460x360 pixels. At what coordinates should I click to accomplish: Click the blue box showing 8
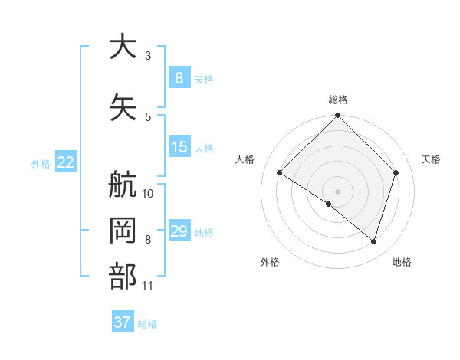pyautogui.click(x=179, y=77)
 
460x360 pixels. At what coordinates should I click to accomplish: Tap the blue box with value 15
pyautogui.click(x=179, y=147)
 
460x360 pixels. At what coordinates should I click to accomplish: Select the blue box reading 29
pyautogui.click(x=179, y=231)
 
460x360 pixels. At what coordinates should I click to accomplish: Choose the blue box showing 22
pyautogui.click(x=65, y=162)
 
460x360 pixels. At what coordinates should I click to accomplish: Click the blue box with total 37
pyautogui.click(x=122, y=322)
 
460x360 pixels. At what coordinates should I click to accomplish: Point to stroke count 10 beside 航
pyautogui.click(x=148, y=193)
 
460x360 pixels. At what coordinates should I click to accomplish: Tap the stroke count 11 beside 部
pyautogui.click(x=148, y=286)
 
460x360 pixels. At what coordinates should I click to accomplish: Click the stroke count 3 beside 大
pyautogui.click(x=148, y=55)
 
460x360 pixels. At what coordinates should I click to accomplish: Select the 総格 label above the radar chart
pyautogui.click(x=337, y=100)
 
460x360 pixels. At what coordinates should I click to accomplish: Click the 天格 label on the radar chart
pyautogui.click(x=431, y=159)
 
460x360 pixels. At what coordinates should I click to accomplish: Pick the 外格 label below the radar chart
pyautogui.click(x=270, y=263)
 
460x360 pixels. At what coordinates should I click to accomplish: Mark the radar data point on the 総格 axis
pyautogui.click(x=337, y=116)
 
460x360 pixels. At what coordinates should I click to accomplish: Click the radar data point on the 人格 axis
pyautogui.click(x=279, y=173)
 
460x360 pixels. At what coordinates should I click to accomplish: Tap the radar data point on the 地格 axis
pyautogui.click(x=373, y=241)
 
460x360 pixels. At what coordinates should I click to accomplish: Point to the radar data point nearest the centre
pyautogui.click(x=329, y=204)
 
